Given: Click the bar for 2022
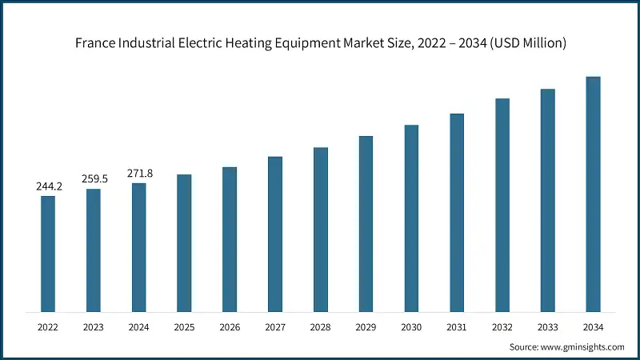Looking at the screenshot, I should click(48, 254).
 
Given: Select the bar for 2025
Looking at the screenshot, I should click(184, 243).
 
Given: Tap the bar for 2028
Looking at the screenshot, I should click(320, 230).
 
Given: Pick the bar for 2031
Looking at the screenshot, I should click(457, 213).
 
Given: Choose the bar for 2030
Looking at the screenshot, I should click(411, 218).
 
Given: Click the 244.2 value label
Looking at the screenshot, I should click(48, 186).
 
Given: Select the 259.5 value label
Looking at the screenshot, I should click(94, 179).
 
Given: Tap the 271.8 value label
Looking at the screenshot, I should click(139, 174).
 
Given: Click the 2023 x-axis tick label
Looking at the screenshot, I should click(94, 327).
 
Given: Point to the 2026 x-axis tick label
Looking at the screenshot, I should click(230, 327).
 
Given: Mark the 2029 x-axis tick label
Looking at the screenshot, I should click(366, 327).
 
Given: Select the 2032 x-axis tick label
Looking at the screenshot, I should click(502, 327).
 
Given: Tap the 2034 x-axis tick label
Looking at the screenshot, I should click(593, 327).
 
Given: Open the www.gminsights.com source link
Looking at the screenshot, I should click(582, 346).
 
